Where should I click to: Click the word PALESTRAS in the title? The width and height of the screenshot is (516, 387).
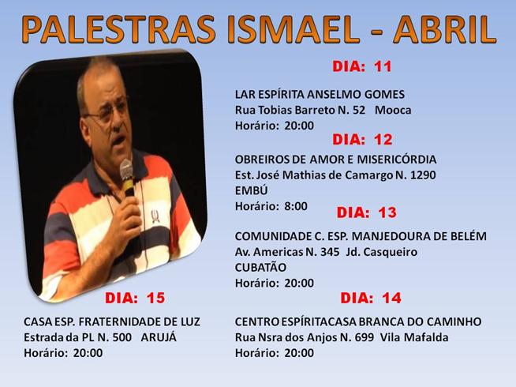(x=119, y=29)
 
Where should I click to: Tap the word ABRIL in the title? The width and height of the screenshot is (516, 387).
(x=444, y=29)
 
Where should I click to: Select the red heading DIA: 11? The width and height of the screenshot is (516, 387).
(x=362, y=66)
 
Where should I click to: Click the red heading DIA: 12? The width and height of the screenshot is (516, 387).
(x=362, y=140)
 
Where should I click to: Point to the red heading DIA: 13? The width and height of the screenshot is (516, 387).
(x=367, y=212)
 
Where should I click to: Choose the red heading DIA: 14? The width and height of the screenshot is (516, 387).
(x=371, y=298)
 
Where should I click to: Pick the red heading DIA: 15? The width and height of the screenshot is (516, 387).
(x=135, y=298)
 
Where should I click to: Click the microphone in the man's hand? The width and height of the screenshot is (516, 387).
(x=127, y=177)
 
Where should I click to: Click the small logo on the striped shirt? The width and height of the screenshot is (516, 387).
(x=155, y=216)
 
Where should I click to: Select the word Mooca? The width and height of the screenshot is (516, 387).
(x=393, y=110)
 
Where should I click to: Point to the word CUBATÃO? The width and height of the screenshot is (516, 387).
(x=260, y=267)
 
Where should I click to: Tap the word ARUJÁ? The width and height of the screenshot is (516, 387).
(x=159, y=337)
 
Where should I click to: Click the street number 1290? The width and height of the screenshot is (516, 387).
(x=423, y=175)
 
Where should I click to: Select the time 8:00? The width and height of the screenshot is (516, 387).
(x=296, y=206)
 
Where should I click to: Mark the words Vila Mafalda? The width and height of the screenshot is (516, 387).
(x=414, y=337)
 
